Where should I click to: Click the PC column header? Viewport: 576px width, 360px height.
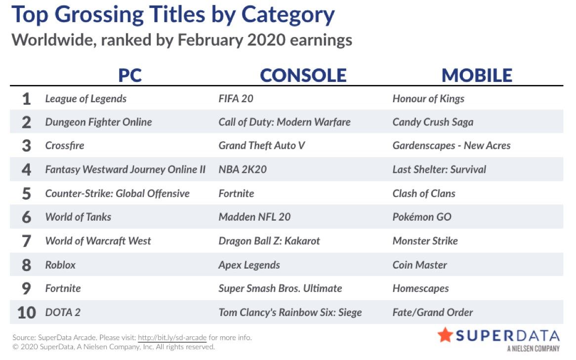[130, 75]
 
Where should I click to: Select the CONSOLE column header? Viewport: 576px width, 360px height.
[303, 75]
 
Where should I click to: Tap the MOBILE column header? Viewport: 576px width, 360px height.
[477, 75]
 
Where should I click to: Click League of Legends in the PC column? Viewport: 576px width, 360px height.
[85, 99]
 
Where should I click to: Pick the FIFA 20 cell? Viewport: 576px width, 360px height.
[236, 98]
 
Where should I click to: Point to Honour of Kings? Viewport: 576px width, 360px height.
[428, 99]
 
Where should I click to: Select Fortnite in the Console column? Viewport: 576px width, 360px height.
[236, 193]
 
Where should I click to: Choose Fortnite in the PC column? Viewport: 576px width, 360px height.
[63, 288]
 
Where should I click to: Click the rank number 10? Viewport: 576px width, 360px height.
[27, 313]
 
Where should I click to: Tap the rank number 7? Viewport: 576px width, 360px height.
[26, 241]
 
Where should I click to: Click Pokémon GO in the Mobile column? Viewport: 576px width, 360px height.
[422, 217]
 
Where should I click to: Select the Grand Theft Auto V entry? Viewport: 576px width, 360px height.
[261, 146]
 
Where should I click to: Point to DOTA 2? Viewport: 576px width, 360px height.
[62, 312]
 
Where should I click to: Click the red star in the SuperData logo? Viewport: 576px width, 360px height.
[445, 335]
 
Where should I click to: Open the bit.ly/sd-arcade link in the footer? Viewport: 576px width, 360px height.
[172, 337]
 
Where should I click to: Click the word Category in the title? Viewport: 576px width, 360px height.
[288, 15]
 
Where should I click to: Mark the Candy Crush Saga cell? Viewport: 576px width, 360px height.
[433, 122]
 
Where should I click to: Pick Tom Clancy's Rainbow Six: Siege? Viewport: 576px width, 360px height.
[290, 313]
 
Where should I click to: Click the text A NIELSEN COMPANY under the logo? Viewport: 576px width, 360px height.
[534, 348]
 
